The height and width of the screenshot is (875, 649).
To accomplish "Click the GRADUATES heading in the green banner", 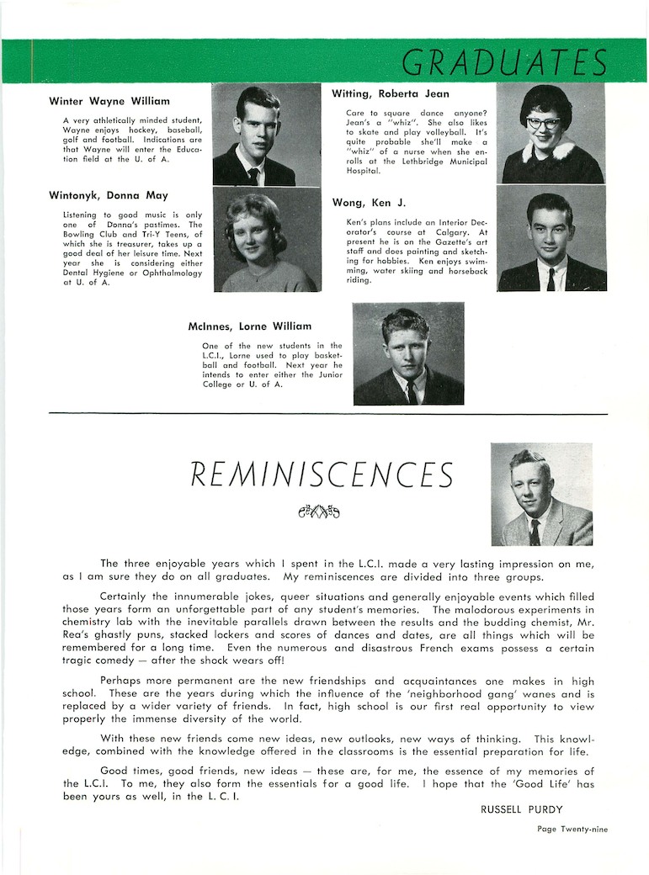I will point(504,62).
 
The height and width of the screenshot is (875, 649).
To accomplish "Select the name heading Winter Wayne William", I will point(109,102).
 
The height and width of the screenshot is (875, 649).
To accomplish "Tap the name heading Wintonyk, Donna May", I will point(109,195).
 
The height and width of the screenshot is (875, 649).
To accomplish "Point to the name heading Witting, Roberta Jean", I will point(391,94).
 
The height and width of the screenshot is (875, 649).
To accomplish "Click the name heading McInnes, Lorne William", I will point(250,326).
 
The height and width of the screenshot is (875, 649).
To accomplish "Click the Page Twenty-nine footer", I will point(572,829).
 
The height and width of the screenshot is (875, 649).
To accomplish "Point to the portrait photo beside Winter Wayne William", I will point(266,135).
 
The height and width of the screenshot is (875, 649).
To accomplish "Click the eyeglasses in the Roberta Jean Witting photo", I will point(543,123).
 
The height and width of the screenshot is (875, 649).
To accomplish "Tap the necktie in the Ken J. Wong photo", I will point(551,278).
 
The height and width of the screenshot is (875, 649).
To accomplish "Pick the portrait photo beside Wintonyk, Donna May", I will point(266,240).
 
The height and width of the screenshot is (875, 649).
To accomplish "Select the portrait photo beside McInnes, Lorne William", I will point(408,353).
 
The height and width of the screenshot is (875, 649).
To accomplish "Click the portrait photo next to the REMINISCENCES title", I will point(541,495).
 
